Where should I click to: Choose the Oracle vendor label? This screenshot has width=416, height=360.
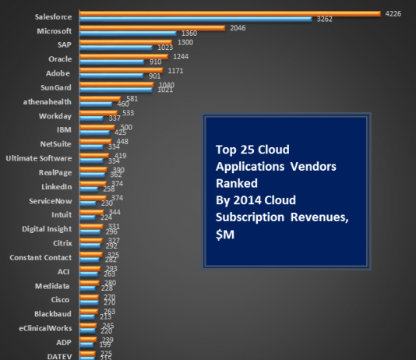coord(59,59)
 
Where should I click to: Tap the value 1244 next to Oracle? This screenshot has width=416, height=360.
coord(182,56)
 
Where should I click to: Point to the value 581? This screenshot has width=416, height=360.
coord(132,99)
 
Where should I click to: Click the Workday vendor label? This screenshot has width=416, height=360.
coord(57,115)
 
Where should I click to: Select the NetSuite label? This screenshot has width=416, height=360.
coord(56,144)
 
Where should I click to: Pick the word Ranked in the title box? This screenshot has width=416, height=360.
coord(234,183)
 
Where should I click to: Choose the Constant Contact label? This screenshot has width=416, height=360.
coord(41,257)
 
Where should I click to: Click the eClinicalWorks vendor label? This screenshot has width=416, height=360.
coord(45,328)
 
